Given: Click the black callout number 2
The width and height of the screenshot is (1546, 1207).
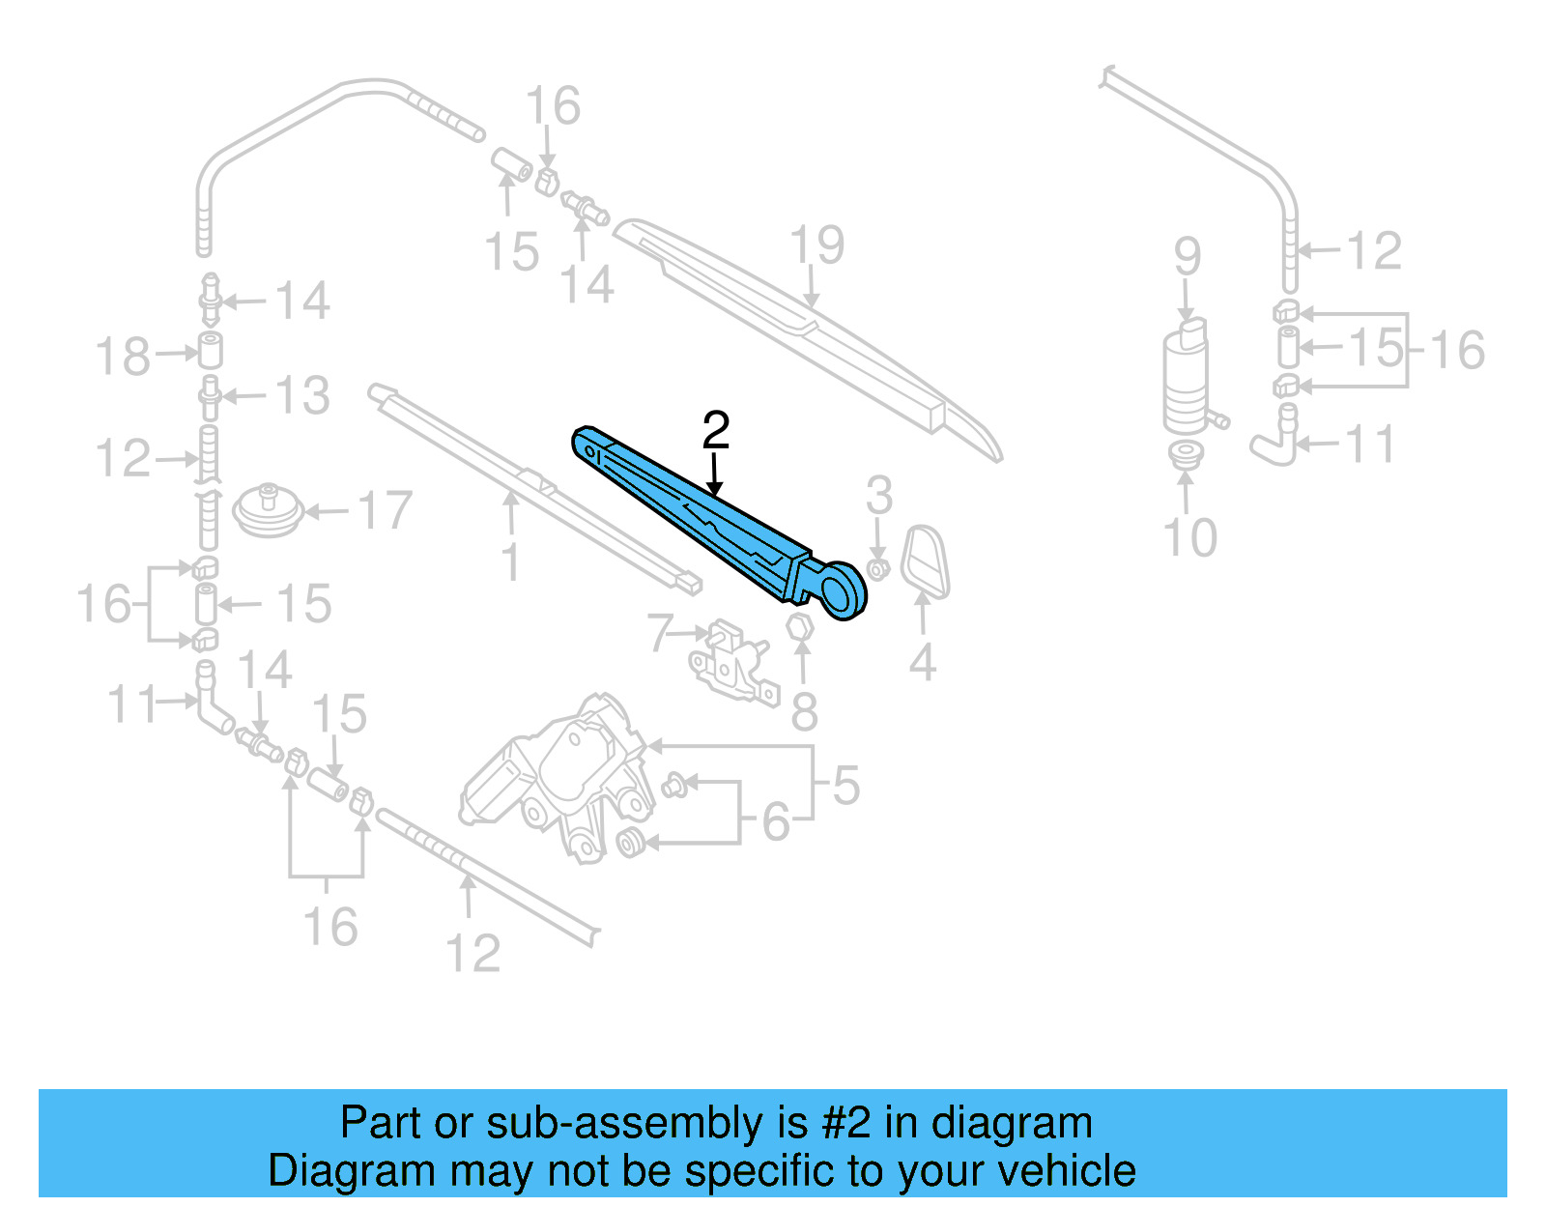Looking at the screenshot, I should pos(715,431).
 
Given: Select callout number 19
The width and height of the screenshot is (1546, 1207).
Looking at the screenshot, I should pos(817,245).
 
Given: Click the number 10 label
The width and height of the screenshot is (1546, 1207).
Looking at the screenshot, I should pos(1189,537).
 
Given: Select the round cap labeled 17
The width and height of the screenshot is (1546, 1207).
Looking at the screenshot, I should pos(270,510).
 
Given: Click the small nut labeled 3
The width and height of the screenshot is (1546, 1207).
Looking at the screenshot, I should pos(878,569).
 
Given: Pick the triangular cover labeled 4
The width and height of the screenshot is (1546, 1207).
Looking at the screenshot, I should pos(925,560).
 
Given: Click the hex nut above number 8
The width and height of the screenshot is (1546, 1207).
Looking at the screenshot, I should pos(800,626).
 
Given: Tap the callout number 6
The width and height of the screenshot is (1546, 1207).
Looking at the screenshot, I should pos(776,822).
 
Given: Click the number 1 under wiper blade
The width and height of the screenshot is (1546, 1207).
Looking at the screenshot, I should pos(511,561).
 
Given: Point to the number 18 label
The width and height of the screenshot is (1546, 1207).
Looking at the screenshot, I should pos(124,357).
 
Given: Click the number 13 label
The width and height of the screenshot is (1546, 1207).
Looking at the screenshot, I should pos(302,396).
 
